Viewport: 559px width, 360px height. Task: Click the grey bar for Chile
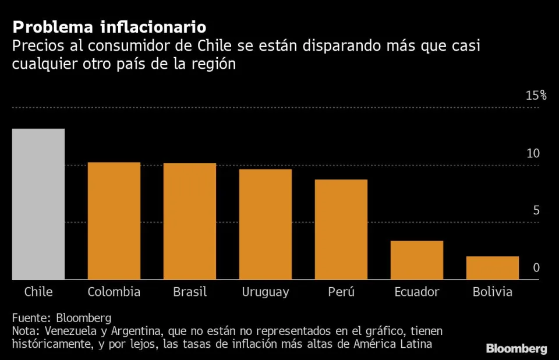point(38,204)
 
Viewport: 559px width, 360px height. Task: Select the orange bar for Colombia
point(114,221)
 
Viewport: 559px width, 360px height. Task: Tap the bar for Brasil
point(190,221)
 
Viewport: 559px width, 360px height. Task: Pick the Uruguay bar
point(266,224)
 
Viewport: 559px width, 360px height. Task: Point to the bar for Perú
point(341,230)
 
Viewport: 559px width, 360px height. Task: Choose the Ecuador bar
point(417,260)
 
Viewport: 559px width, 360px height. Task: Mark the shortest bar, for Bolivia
point(493,268)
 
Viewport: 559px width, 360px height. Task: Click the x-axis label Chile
point(38,292)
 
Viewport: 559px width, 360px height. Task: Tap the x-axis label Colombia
point(114,292)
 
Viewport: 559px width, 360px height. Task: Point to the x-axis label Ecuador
point(417,292)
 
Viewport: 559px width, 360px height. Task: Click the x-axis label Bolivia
point(493,292)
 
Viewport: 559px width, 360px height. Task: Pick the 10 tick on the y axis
point(533,154)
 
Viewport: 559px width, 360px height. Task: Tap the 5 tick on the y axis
point(536,211)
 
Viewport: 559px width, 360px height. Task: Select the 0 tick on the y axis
point(536,268)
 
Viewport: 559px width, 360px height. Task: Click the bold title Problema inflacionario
point(109,27)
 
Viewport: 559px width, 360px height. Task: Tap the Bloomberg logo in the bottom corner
point(516,349)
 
